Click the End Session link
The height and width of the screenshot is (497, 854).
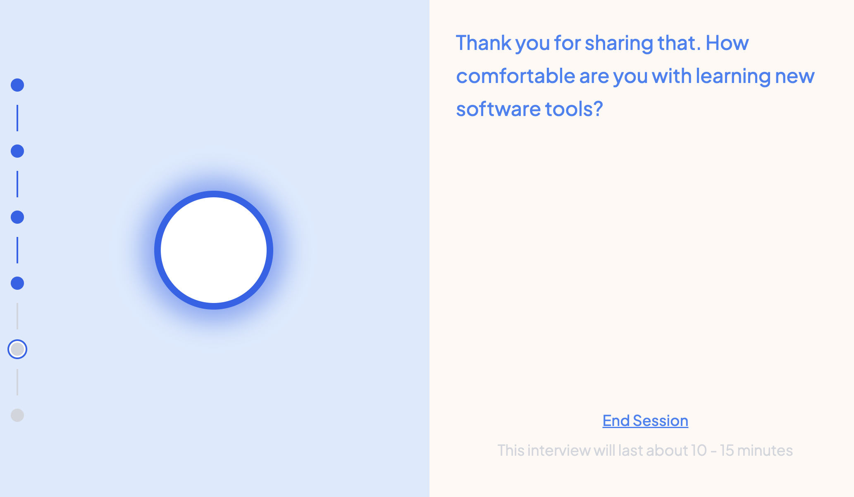click(x=645, y=421)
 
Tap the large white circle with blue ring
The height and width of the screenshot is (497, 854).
click(x=214, y=250)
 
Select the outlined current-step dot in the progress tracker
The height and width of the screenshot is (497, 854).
click(x=17, y=349)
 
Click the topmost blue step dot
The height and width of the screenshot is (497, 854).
click(x=17, y=85)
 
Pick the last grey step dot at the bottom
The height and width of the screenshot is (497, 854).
click(x=17, y=415)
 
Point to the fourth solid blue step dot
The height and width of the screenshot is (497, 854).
click(x=17, y=283)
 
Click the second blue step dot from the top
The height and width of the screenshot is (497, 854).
click(x=17, y=151)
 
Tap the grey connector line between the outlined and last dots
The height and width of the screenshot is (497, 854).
click(x=17, y=382)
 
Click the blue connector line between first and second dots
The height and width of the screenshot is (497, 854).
click(x=17, y=118)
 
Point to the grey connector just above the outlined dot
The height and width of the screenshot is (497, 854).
click(x=17, y=316)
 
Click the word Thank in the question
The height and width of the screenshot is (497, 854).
click(x=484, y=43)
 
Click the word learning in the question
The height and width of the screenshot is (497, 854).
click(x=733, y=76)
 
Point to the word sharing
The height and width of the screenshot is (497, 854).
click(x=618, y=43)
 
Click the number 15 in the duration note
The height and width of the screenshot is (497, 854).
click(x=727, y=450)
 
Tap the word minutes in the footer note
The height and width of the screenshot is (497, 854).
click(x=765, y=450)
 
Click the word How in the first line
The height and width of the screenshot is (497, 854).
click(x=727, y=43)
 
